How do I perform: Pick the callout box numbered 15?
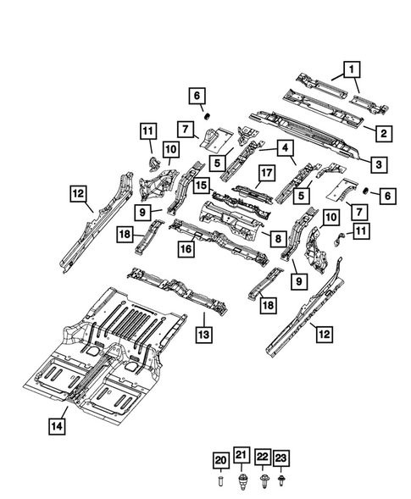point(202,185)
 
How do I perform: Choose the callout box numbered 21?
point(241,458)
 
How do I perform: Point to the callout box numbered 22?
point(262,458)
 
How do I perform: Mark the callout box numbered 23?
point(281,458)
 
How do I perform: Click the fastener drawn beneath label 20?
point(219,481)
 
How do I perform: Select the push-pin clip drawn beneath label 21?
point(241,481)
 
